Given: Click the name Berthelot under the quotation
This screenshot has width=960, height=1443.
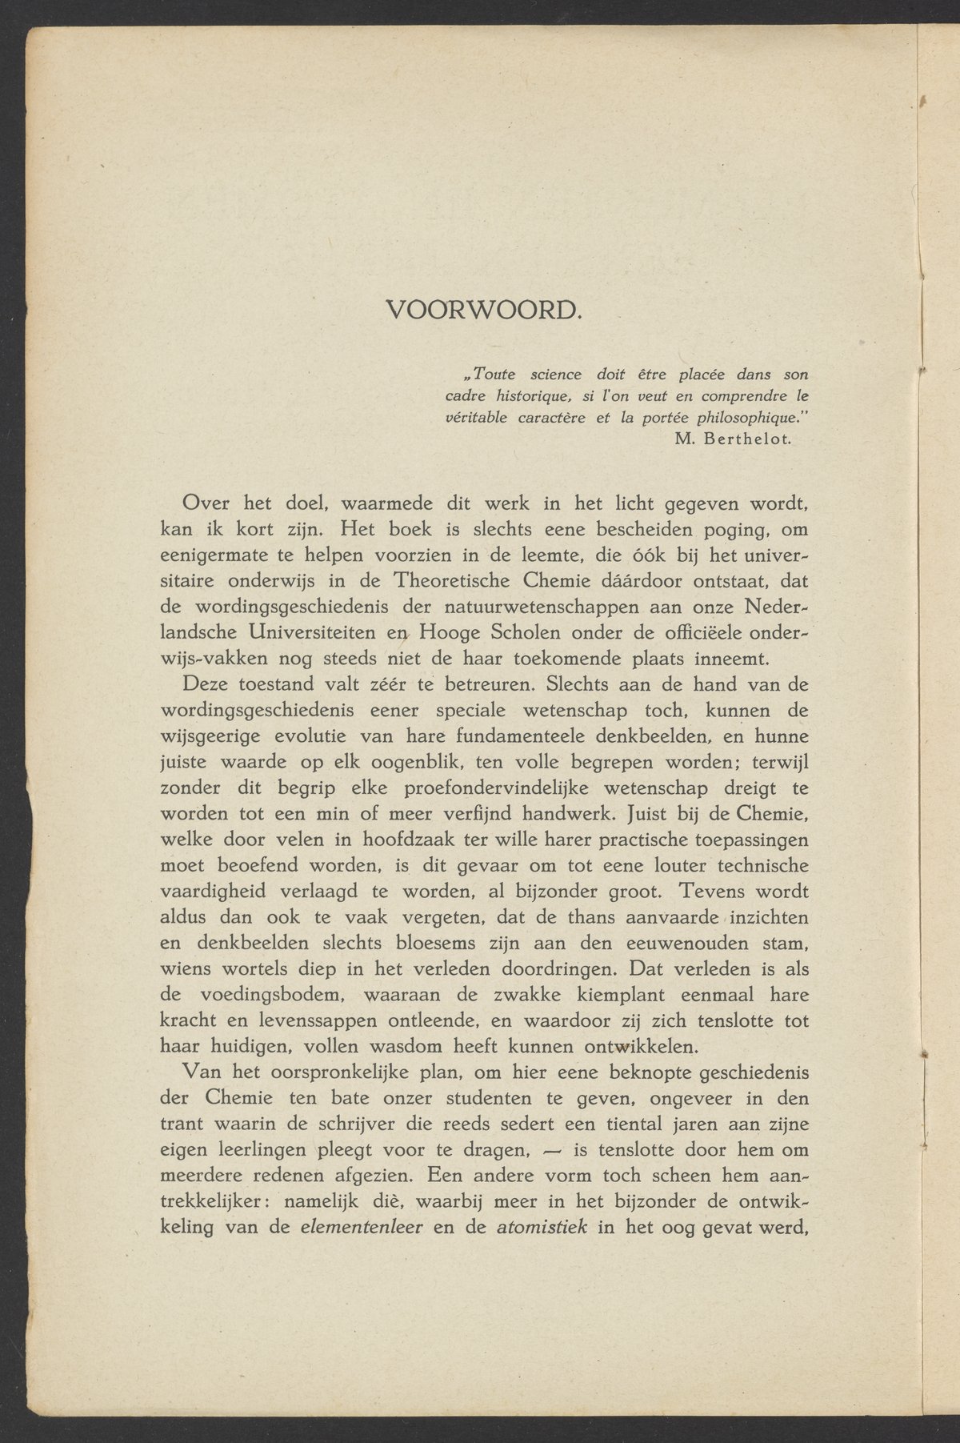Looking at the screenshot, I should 750,439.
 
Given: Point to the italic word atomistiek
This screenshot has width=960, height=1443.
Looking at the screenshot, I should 542,1227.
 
